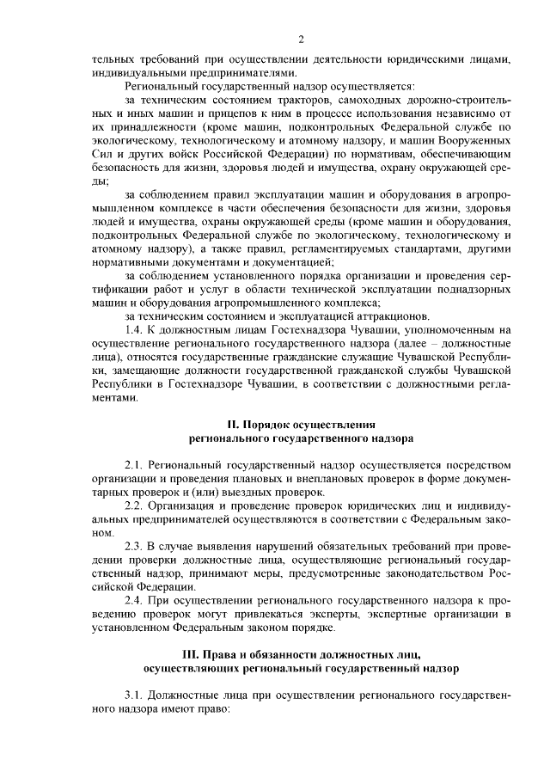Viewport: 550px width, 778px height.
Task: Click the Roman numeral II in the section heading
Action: [232, 424]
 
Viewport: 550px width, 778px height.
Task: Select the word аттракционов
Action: [349, 315]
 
